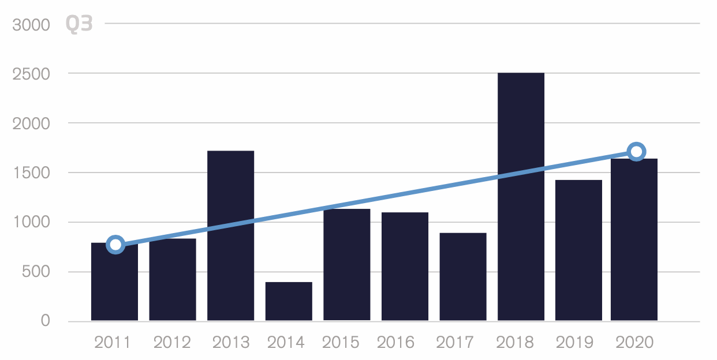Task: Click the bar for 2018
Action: [521, 196]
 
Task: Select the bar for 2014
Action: [289, 301]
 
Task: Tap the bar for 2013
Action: [230, 235]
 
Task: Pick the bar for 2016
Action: [405, 266]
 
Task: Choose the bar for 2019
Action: [578, 250]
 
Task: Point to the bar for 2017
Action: [462, 276]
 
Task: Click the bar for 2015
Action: [346, 264]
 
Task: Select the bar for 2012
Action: [172, 279]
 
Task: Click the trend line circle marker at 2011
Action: [115, 245]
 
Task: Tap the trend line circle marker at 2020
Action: [636, 152]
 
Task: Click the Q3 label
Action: [79, 24]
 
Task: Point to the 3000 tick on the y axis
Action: [31, 25]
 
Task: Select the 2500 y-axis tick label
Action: [31, 74]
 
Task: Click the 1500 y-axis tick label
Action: [31, 173]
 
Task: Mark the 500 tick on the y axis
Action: [36, 272]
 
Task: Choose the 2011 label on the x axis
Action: [113, 343]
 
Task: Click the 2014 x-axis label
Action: [286, 343]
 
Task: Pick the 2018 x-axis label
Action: [516, 343]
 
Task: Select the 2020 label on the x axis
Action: [634, 343]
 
